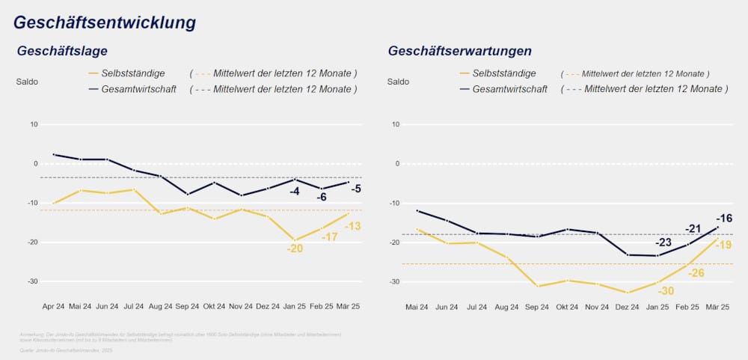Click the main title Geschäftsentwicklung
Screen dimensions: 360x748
point(105,22)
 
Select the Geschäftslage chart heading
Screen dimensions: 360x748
point(63,52)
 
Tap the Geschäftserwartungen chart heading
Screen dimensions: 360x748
point(460,52)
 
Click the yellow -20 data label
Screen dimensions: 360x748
point(295,248)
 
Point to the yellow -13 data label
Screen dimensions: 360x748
point(353,226)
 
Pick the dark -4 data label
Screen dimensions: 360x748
point(295,191)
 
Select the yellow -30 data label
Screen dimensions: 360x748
point(666,290)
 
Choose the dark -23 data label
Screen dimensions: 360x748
point(663,242)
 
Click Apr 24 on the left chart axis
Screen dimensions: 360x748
point(54,308)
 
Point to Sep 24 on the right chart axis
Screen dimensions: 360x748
point(536,308)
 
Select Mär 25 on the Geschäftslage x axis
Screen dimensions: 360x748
point(349,308)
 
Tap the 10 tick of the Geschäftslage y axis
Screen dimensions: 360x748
point(34,124)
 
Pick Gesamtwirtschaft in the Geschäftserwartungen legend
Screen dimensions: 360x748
point(509,89)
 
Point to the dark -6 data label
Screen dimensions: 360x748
point(322,197)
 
